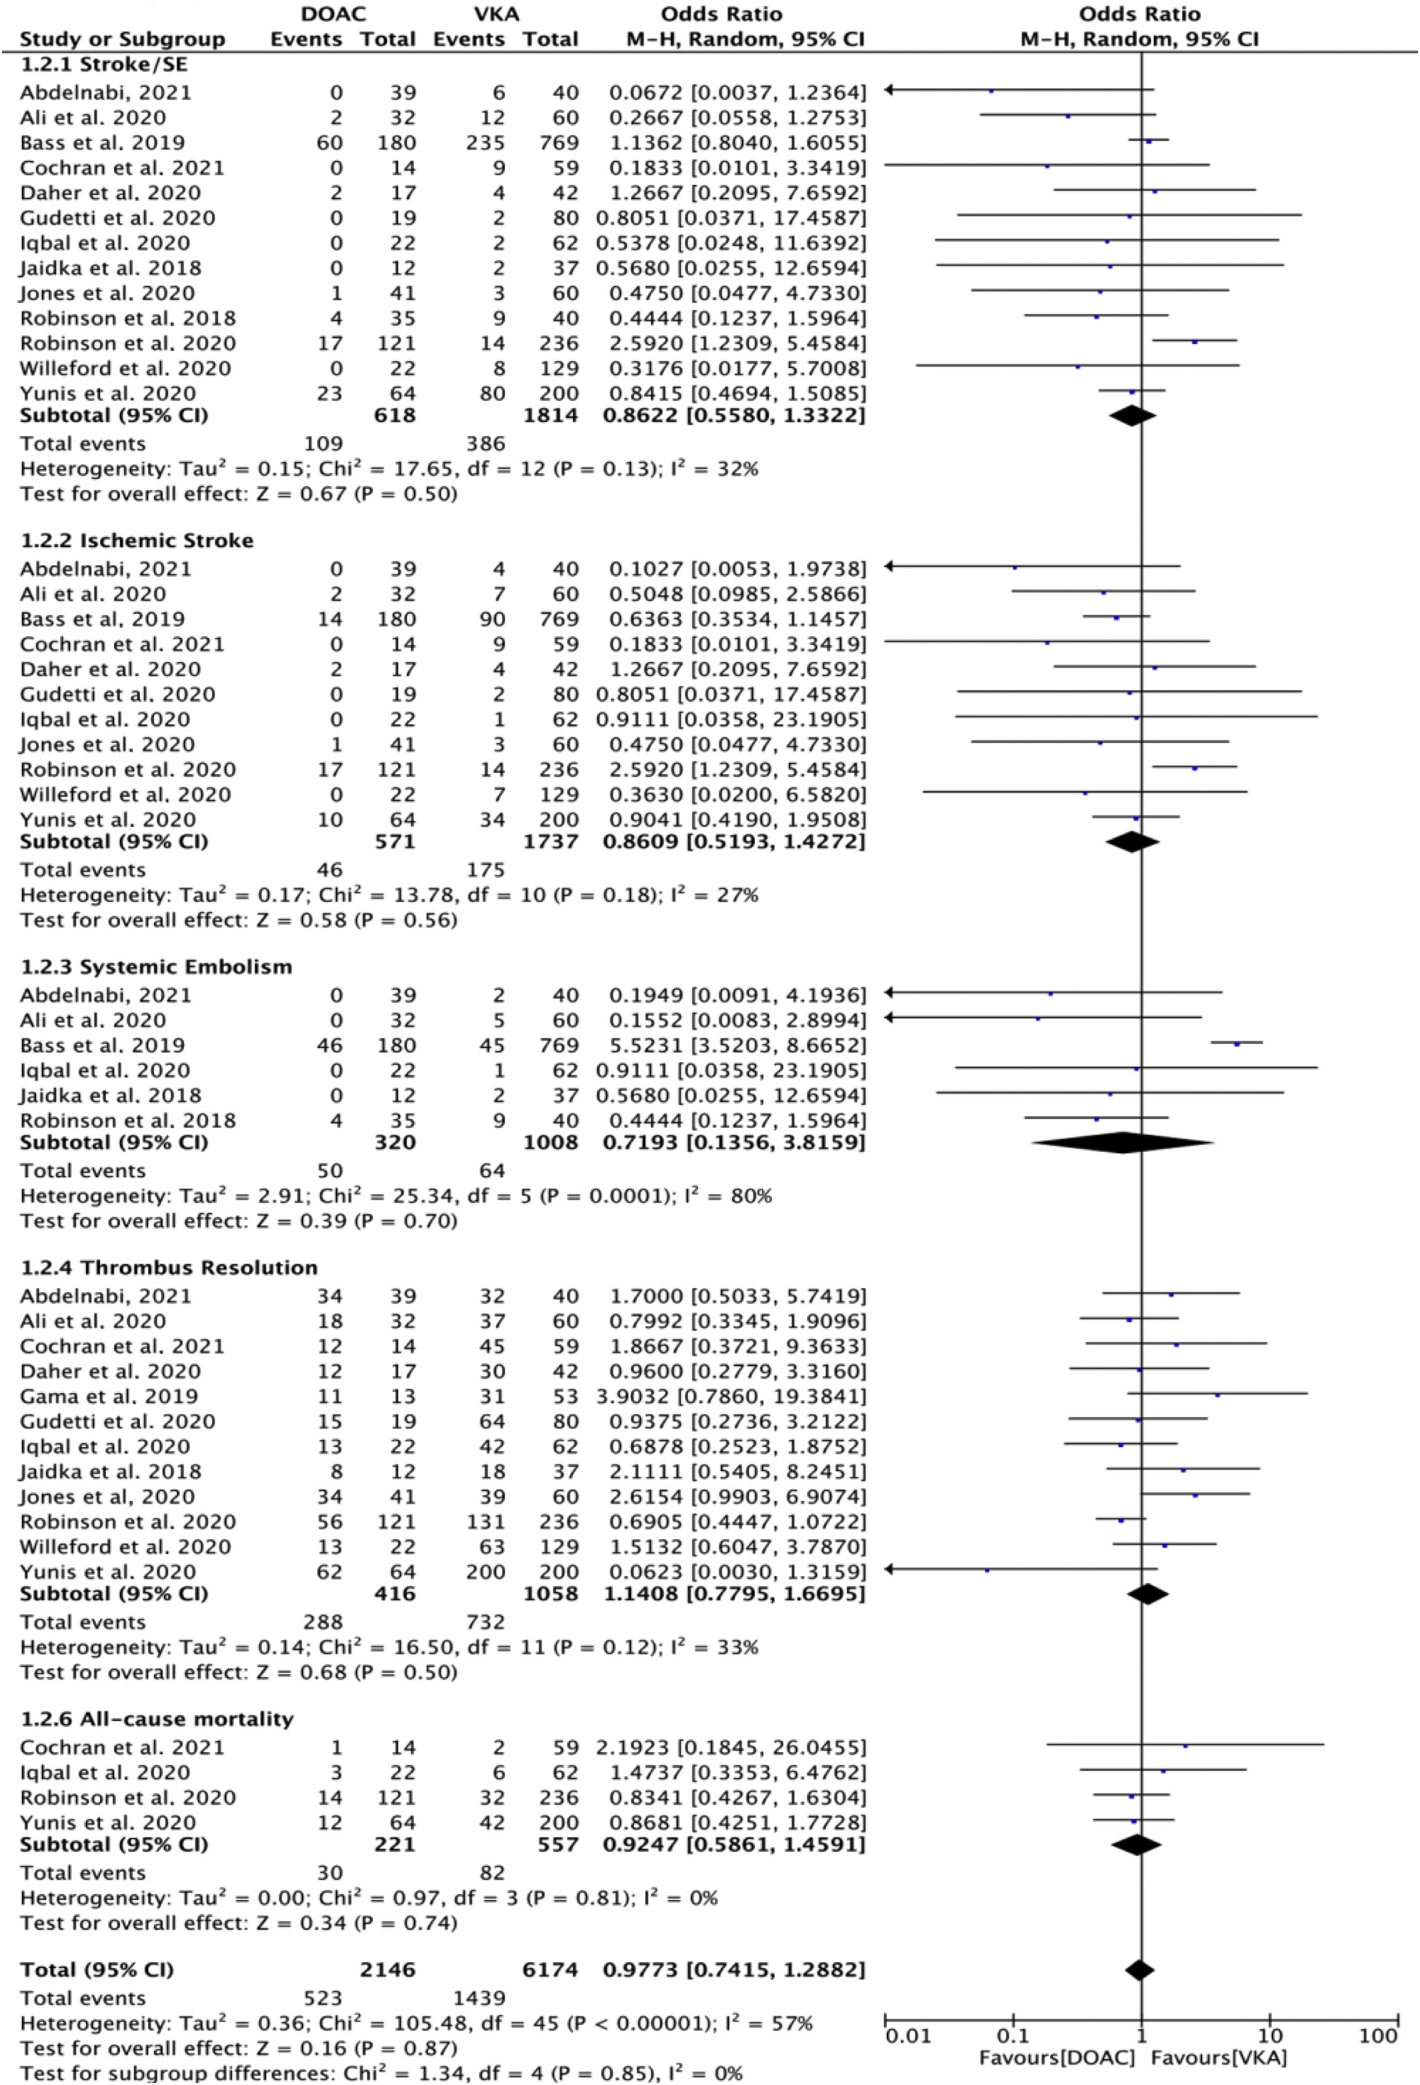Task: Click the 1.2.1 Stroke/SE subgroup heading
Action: (103, 64)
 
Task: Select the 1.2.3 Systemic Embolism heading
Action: (156, 966)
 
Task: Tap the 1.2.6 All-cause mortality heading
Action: (157, 1719)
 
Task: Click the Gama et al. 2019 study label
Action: (108, 1396)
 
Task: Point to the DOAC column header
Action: (334, 13)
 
